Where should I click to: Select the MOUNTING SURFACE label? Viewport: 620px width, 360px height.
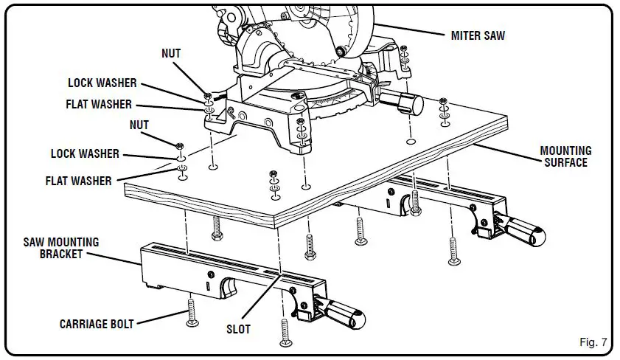(x=565, y=156)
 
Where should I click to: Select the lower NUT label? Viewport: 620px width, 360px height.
(x=139, y=125)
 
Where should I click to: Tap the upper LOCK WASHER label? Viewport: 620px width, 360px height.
(x=102, y=83)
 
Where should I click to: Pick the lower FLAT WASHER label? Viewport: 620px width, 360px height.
(x=78, y=181)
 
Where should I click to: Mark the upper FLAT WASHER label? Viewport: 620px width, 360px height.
(x=99, y=104)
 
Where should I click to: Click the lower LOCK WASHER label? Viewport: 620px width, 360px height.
(x=85, y=154)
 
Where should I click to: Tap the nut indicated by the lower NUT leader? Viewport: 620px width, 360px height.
(x=180, y=145)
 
